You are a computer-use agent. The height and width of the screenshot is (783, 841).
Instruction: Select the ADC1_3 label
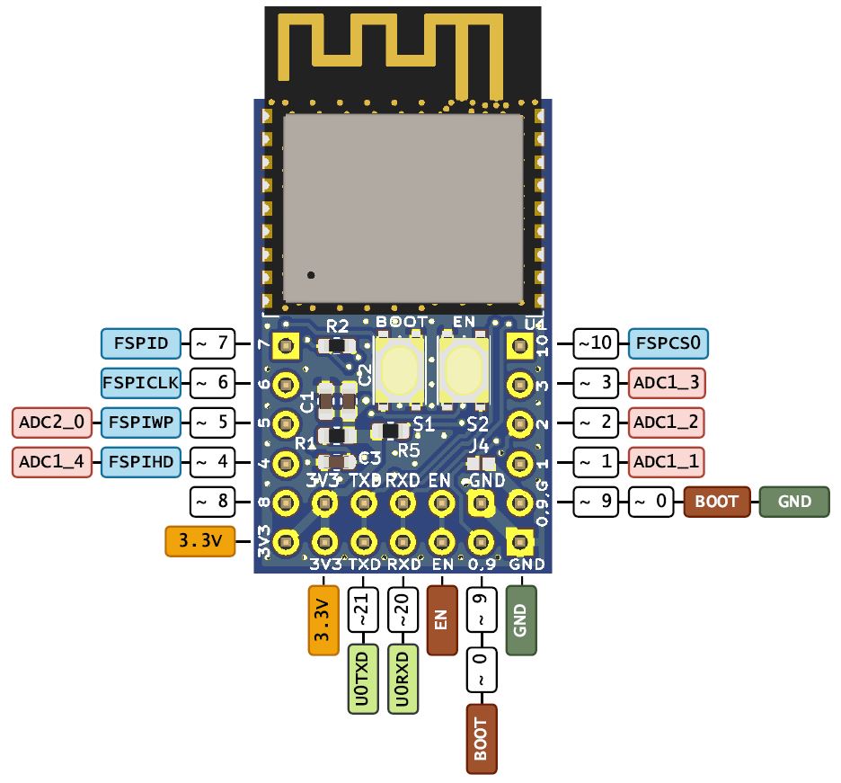[666, 383]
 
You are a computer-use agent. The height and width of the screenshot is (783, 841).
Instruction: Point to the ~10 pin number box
[596, 343]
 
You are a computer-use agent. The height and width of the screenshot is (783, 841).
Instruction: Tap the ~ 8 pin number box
[214, 502]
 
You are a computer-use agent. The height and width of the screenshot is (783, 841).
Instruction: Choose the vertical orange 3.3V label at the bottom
[323, 621]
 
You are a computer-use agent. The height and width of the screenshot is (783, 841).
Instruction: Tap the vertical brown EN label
[442, 621]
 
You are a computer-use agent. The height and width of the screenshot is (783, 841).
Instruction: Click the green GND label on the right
[794, 502]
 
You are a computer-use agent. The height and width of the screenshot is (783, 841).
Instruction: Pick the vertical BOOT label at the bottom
[482, 739]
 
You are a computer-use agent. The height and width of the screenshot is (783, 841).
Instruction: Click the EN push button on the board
[464, 369]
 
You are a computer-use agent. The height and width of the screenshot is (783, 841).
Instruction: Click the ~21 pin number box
[363, 615]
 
